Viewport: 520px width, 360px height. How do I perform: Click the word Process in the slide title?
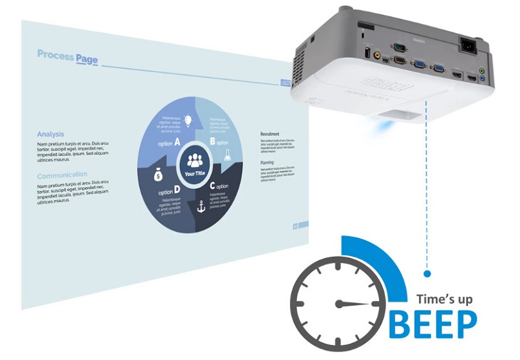55,55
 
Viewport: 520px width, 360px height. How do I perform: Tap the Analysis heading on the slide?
50,135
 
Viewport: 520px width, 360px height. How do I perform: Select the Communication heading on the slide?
62,175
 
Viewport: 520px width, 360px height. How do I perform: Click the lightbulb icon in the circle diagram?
188,120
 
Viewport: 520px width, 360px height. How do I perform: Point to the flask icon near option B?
227,154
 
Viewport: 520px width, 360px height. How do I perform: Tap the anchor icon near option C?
201,207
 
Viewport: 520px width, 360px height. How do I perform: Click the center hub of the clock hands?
337,303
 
